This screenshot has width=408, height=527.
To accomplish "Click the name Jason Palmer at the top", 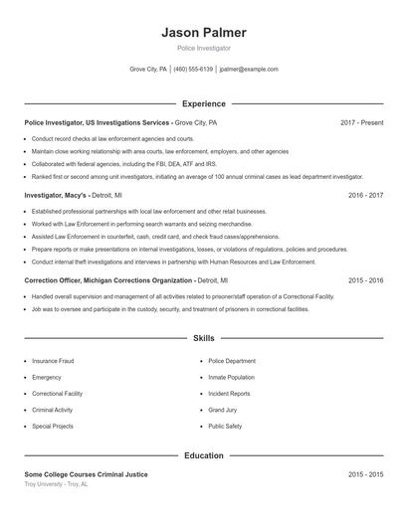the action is (x=203, y=33).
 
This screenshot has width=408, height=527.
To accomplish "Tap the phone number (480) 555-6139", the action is (x=194, y=70).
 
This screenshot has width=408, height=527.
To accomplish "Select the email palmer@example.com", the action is (x=249, y=70).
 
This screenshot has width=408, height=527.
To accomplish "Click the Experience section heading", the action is (x=203, y=103).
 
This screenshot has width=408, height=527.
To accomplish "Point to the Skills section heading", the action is (x=203, y=339).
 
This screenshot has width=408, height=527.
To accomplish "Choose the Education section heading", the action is (x=203, y=455).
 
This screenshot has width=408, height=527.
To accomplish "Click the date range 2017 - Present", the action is (x=361, y=122).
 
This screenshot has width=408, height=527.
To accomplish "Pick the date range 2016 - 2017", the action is (x=365, y=195).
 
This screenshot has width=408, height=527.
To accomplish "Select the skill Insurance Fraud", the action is (x=53, y=361).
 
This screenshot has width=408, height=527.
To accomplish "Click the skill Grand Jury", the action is (x=223, y=410).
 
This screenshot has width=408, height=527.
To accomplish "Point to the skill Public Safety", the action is (x=225, y=426).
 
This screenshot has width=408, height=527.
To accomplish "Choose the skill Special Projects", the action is (x=53, y=426).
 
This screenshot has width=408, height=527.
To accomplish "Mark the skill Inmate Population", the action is (x=232, y=377).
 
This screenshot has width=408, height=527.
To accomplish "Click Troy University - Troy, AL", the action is (x=56, y=484).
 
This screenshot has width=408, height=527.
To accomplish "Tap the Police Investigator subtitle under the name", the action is (x=203, y=48).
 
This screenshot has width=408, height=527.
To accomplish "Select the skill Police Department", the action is (x=232, y=361).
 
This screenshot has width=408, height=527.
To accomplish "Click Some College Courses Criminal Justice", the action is (x=86, y=474).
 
